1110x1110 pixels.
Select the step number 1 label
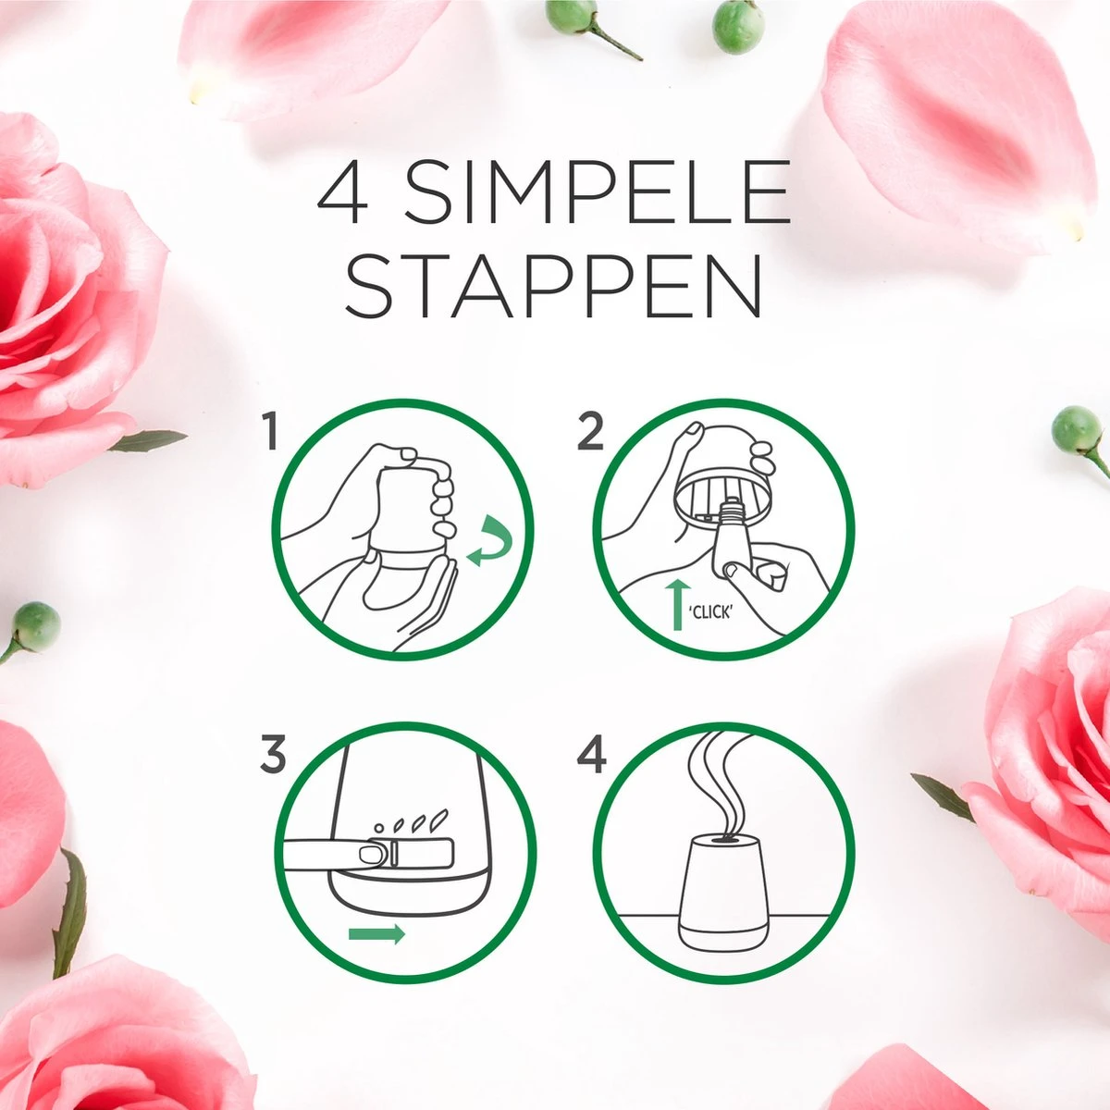[270, 433]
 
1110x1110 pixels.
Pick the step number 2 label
[590, 433]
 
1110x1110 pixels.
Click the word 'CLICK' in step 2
[709, 611]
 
